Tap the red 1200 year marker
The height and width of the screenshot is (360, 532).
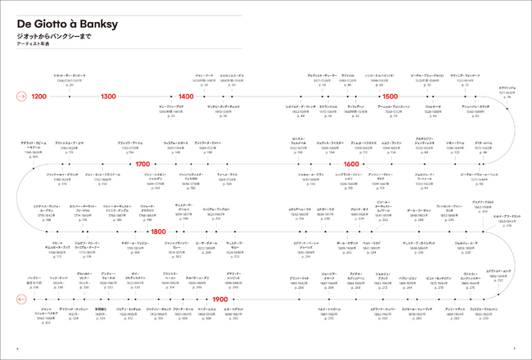pos(38,97)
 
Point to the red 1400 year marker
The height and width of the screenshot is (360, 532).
pos(186,97)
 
